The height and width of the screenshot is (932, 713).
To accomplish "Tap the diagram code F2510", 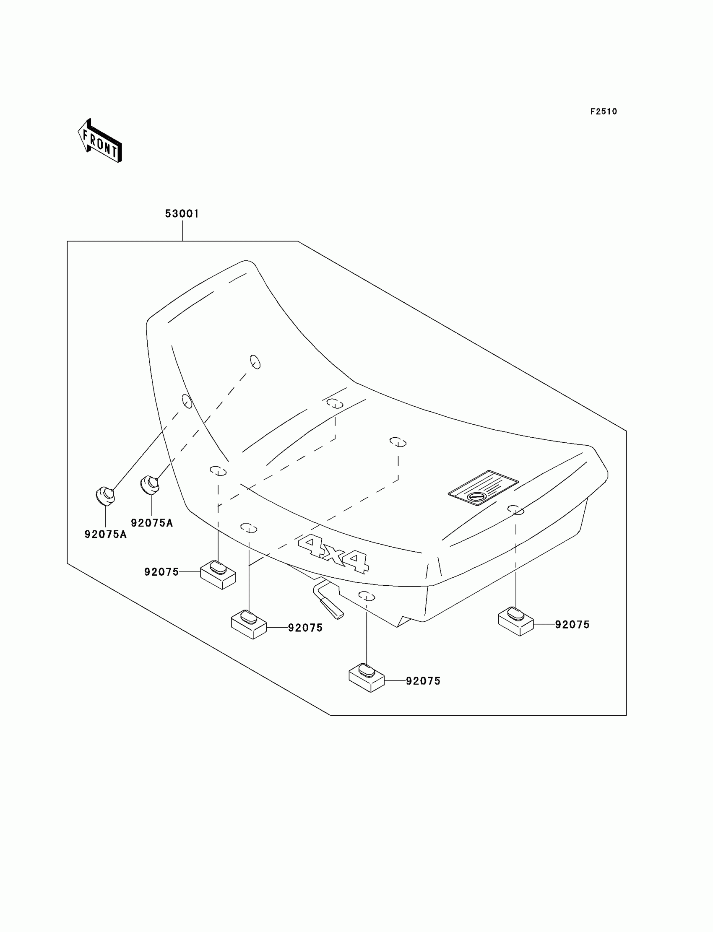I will pyautogui.click(x=603, y=112).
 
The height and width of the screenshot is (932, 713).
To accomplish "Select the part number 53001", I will pyautogui.click(x=182, y=214).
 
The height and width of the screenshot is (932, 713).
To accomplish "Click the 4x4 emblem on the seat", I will pyautogui.click(x=333, y=553).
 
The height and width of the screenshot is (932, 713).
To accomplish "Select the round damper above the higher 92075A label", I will pyautogui.click(x=150, y=485).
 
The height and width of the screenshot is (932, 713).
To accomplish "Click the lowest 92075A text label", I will pyautogui.click(x=106, y=535).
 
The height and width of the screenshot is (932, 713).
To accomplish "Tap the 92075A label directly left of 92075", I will pyautogui.click(x=151, y=523).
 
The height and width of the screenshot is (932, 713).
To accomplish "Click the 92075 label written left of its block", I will pyautogui.click(x=161, y=572).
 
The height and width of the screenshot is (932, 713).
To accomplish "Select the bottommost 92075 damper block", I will pyautogui.click(x=366, y=677).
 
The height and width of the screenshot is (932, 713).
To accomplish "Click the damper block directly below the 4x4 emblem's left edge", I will pyautogui.click(x=249, y=624).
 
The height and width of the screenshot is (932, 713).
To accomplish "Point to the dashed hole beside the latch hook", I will pyautogui.click(x=367, y=597).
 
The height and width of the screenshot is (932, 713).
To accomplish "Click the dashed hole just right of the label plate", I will pyautogui.click(x=515, y=509).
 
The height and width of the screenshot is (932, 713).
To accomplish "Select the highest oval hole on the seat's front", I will pyautogui.click(x=255, y=362).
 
